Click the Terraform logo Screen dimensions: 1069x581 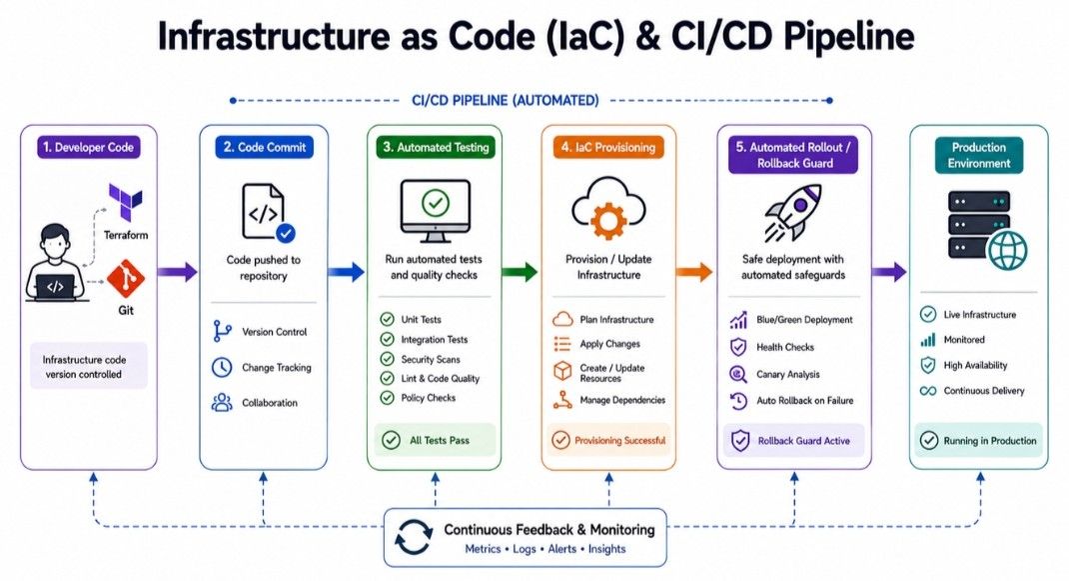(126, 202)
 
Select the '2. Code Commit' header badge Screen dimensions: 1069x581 (265, 147)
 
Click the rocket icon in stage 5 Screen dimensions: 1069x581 (793, 212)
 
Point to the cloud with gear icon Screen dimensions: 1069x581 (608, 208)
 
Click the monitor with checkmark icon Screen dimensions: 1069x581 (435, 210)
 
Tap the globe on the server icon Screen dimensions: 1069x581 (1008, 251)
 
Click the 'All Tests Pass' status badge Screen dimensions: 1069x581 (435, 440)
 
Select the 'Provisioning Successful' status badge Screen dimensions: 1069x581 (608, 440)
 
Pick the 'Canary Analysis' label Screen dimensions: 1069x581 (788, 374)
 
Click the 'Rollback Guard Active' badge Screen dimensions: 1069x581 (793, 441)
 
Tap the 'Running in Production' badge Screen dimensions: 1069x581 (979, 441)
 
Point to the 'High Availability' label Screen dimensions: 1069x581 (975, 365)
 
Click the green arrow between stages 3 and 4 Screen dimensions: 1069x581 (520, 272)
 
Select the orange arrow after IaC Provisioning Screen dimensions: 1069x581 (694, 272)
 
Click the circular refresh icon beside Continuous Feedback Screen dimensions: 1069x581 (414, 537)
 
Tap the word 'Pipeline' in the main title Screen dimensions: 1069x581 (848, 36)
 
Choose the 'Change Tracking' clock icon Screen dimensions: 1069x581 (222, 367)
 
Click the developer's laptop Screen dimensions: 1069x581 (56, 288)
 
